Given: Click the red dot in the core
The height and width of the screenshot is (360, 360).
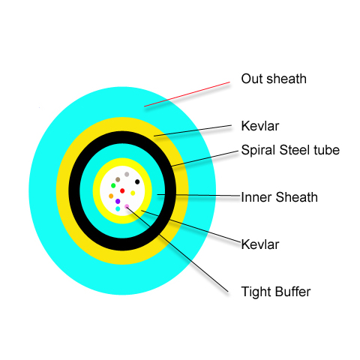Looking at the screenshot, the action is click(122, 191).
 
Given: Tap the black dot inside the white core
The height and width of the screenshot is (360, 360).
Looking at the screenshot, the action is click(137, 181).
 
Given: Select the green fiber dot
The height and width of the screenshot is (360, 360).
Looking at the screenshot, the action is click(113, 185).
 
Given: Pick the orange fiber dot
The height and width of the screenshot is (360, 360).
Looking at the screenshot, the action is click(111, 196).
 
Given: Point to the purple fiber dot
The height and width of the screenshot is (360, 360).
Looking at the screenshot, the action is click(118, 201).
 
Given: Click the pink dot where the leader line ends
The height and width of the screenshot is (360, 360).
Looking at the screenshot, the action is click(127, 206).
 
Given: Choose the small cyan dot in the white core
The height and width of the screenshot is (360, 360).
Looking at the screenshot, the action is click(118, 208).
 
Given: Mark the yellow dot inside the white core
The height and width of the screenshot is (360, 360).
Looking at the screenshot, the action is click(133, 193).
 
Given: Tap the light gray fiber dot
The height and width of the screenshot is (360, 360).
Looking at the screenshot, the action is click(127, 174).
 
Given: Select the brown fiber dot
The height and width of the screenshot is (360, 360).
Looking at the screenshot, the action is click(118, 179).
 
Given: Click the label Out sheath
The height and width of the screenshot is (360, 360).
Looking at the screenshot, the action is click(274, 79).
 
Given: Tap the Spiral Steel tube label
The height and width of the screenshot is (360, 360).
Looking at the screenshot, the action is click(290, 150).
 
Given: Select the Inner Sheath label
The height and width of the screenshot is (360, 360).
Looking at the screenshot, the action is click(279, 197).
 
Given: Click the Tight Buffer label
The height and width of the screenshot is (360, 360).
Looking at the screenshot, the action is click(276, 292).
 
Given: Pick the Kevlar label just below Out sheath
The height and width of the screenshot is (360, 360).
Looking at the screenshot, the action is click(260, 126).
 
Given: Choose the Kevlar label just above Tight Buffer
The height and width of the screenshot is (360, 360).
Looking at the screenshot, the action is click(260, 244).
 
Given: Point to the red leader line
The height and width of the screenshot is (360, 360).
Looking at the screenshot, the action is click(187, 94).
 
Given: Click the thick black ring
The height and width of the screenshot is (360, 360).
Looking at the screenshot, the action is click(122, 137).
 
